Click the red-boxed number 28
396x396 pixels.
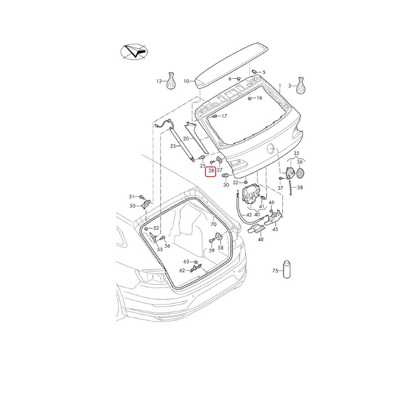211,171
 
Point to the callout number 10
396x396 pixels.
187,81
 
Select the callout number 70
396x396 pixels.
214,224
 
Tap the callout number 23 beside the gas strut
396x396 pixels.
173,146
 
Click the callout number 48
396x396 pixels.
261,239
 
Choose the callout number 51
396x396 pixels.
132,197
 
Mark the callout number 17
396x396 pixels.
224,116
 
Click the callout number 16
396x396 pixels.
259,98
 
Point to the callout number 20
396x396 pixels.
186,139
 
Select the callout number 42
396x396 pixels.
249,215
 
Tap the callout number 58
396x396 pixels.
221,247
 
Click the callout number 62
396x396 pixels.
182,270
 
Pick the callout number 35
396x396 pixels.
297,153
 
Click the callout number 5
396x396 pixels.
264,72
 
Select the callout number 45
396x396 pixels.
275,229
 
